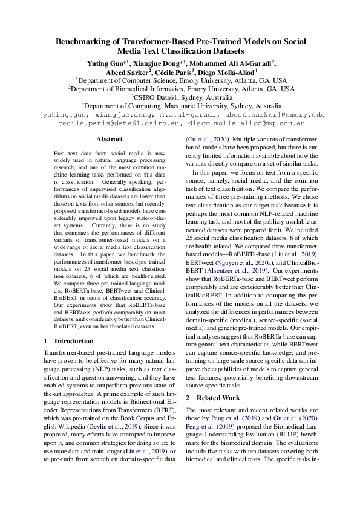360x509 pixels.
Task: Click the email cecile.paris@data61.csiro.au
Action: (x=120, y=123)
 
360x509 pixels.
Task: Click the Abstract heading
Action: (x=110, y=139)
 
